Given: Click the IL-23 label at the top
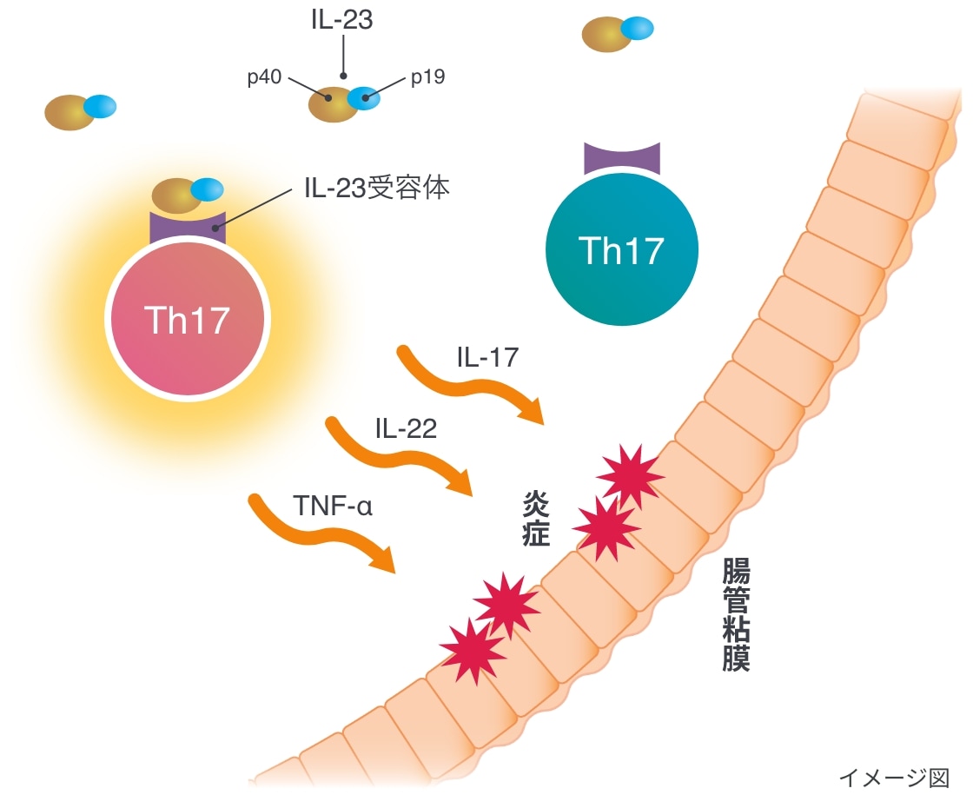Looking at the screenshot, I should tap(343, 19).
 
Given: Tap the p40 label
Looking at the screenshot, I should tap(264, 78).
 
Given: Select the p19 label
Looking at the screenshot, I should tap(427, 78).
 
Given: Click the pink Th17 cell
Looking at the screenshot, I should tap(187, 320).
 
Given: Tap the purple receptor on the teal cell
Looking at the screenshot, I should tap(622, 159).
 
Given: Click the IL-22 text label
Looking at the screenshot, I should tap(406, 427).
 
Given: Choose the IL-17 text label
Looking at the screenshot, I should tap(487, 356).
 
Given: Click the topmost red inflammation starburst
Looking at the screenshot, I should tap(632, 475).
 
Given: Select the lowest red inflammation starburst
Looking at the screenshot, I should tap(473, 650).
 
